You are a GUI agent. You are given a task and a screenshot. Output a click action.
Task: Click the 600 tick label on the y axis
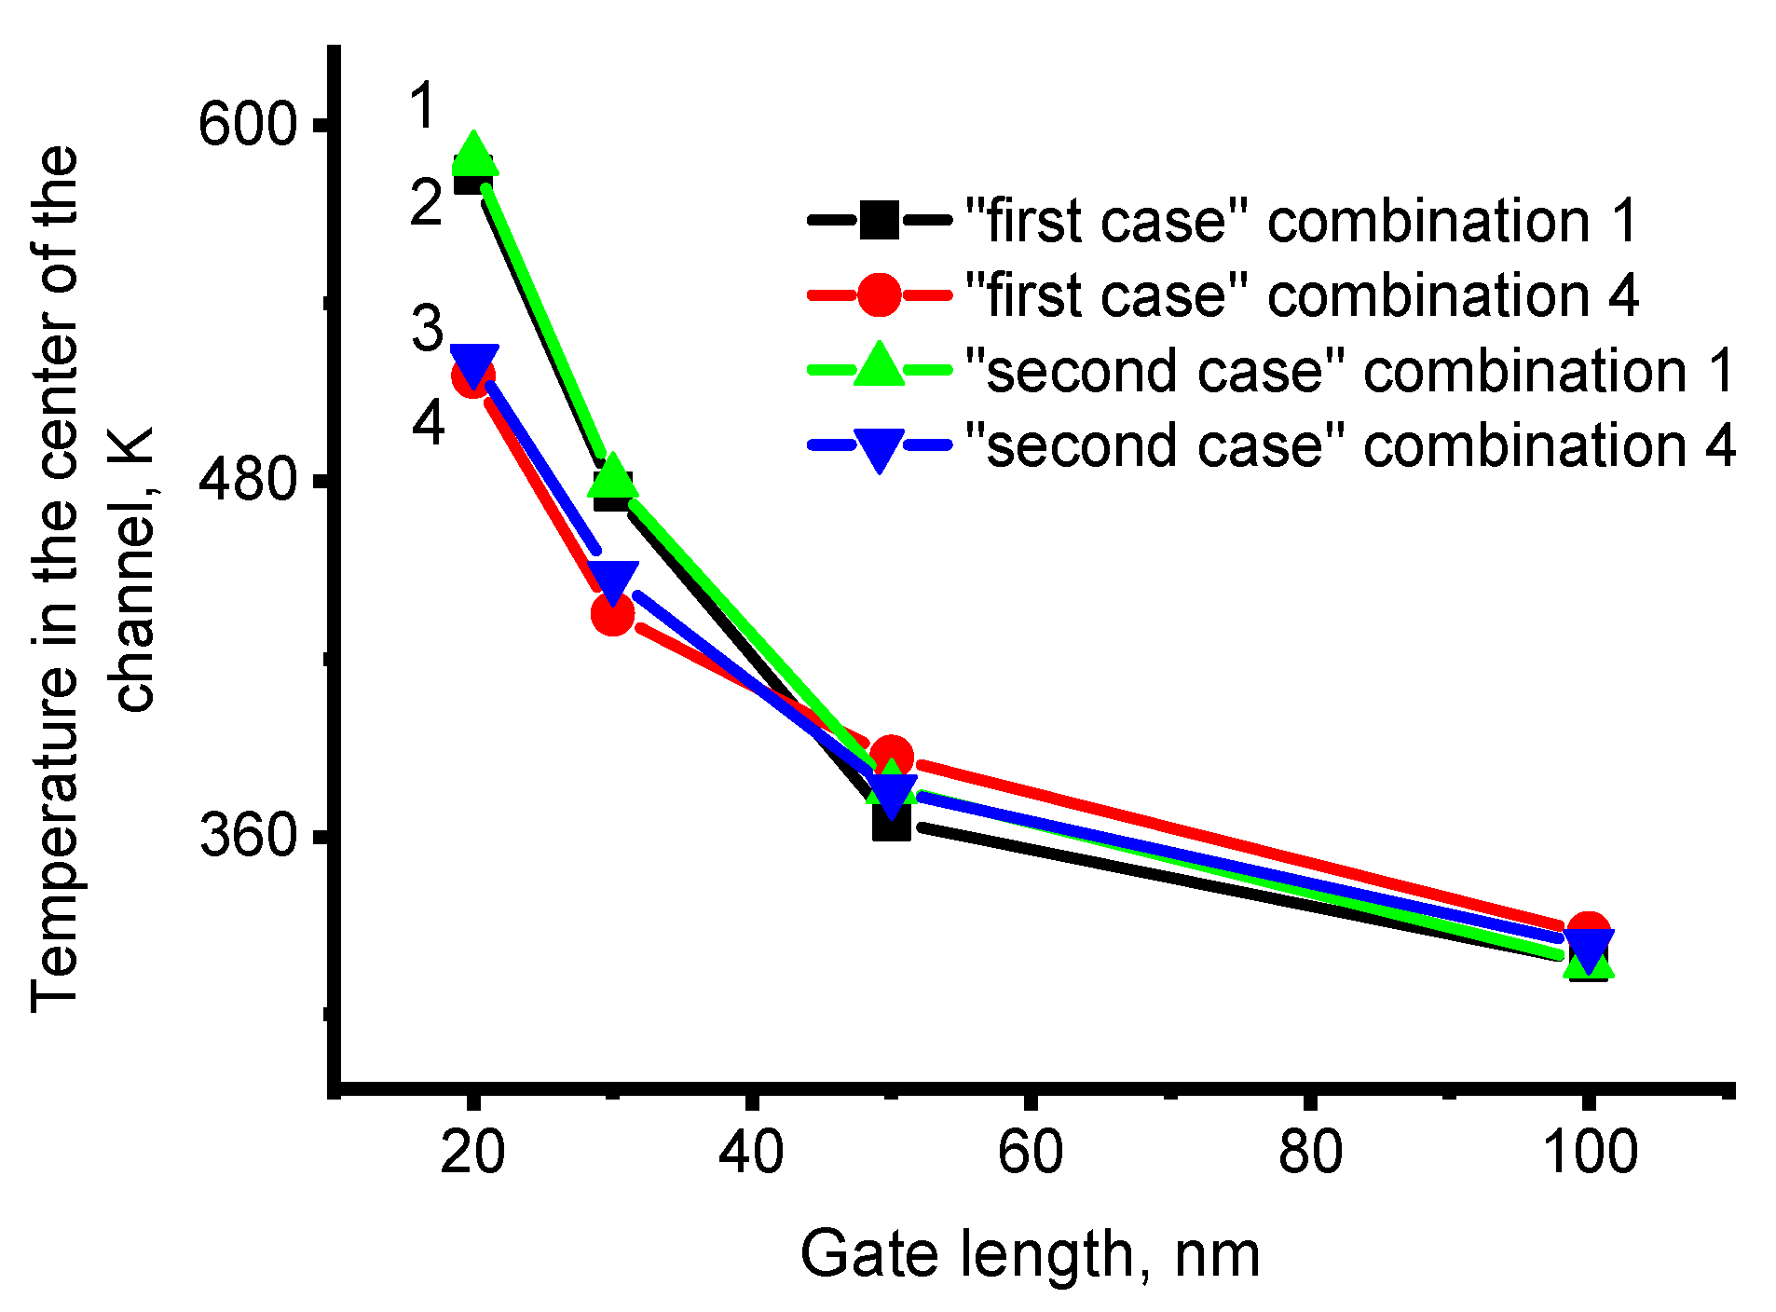pyautogui.click(x=246, y=124)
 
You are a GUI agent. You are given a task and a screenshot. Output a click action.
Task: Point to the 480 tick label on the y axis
pyautogui.click(x=246, y=483)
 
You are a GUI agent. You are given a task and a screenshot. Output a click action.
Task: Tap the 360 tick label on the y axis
pyautogui.click(x=246, y=834)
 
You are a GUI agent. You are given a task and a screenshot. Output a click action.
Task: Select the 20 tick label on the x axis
pyautogui.click(x=472, y=1152)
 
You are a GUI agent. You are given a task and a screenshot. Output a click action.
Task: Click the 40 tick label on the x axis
pyautogui.click(x=751, y=1152)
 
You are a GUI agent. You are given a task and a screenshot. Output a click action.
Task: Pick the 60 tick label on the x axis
pyautogui.click(x=1030, y=1152)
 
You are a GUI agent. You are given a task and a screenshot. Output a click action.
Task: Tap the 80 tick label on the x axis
pyautogui.click(x=1309, y=1152)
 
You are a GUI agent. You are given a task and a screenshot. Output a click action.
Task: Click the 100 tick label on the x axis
pyautogui.click(x=1590, y=1152)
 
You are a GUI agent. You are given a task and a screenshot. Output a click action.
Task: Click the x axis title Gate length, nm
pyautogui.click(x=1030, y=1254)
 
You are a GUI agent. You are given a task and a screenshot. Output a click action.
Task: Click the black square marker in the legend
pyautogui.click(x=879, y=221)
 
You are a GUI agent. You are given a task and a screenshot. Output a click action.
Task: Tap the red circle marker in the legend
pyautogui.click(x=879, y=295)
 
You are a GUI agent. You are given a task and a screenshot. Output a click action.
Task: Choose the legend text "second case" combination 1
pyautogui.click(x=1349, y=371)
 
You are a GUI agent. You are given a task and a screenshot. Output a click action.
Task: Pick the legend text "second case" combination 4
pyautogui.click(x=1349, y=445)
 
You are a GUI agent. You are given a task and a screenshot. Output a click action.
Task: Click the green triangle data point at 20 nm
pyautogui.click(x=473, y=155)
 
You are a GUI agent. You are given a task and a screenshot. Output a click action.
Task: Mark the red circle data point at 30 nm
pyautogui.click(x=612, y=613)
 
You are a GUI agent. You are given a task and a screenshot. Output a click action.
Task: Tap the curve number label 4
pyautogui.click(x=428, y=423)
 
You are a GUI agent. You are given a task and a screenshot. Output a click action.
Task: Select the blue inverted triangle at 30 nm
pyautogui.click(x=612, y=581)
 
